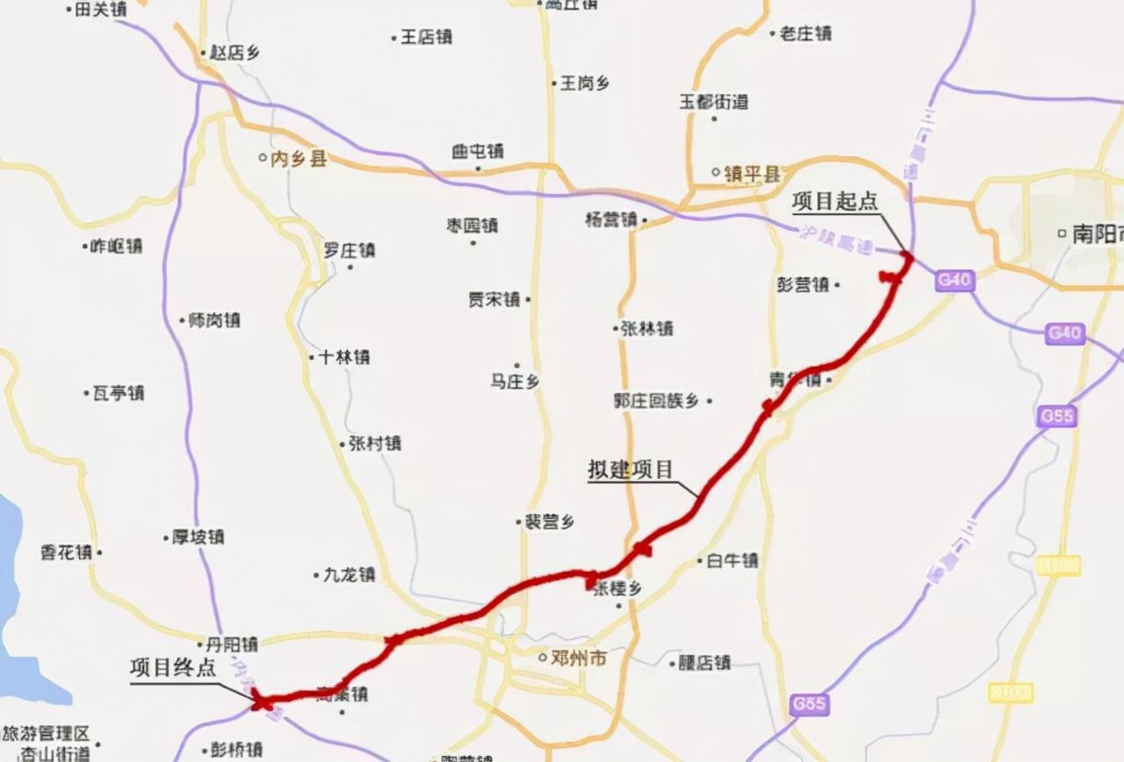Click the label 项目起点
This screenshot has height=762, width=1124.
click(834, 201)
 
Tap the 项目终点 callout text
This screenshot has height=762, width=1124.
click(173, 667)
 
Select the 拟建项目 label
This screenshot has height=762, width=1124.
click(630, 469)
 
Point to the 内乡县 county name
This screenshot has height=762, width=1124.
click(299, 158)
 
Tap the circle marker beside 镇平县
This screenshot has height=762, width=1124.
click(716, 173)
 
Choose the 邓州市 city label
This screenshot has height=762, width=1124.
click(580, 658)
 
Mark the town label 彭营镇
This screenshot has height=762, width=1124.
click(803, 284)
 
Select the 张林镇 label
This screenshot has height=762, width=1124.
click(647, 328)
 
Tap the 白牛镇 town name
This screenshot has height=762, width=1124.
click(732, 560)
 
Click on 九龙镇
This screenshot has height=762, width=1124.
click(349, 575)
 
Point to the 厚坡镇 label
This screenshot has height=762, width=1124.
click(198, 536)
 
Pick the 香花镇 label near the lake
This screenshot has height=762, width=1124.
click(67, 552)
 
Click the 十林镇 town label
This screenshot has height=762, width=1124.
click(344, 356)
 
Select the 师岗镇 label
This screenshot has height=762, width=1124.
click(214, 320)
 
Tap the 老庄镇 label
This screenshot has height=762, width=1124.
click(805, 33)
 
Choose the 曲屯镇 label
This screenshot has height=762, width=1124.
click(478, 151)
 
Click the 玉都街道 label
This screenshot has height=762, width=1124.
click(714, 102)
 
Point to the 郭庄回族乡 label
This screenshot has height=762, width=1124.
click(657, 400)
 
